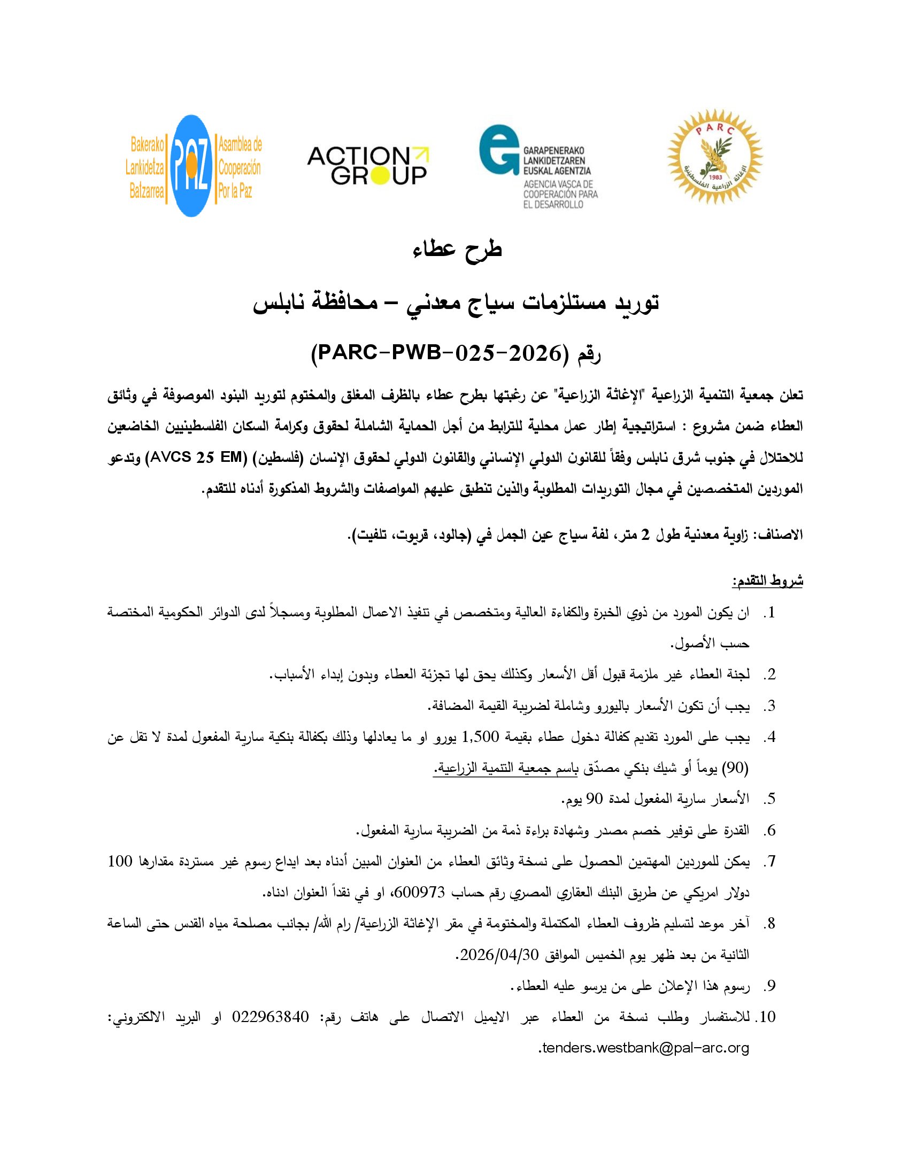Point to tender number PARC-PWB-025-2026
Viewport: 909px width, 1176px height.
[x=438, y=353]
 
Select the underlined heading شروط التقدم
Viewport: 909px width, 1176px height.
[x=767, y=582]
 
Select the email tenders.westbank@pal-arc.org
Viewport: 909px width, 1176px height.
[x=644, y=1048]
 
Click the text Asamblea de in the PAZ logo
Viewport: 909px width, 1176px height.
[x=240, y=144]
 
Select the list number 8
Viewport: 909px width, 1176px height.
[x=770, y=924]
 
